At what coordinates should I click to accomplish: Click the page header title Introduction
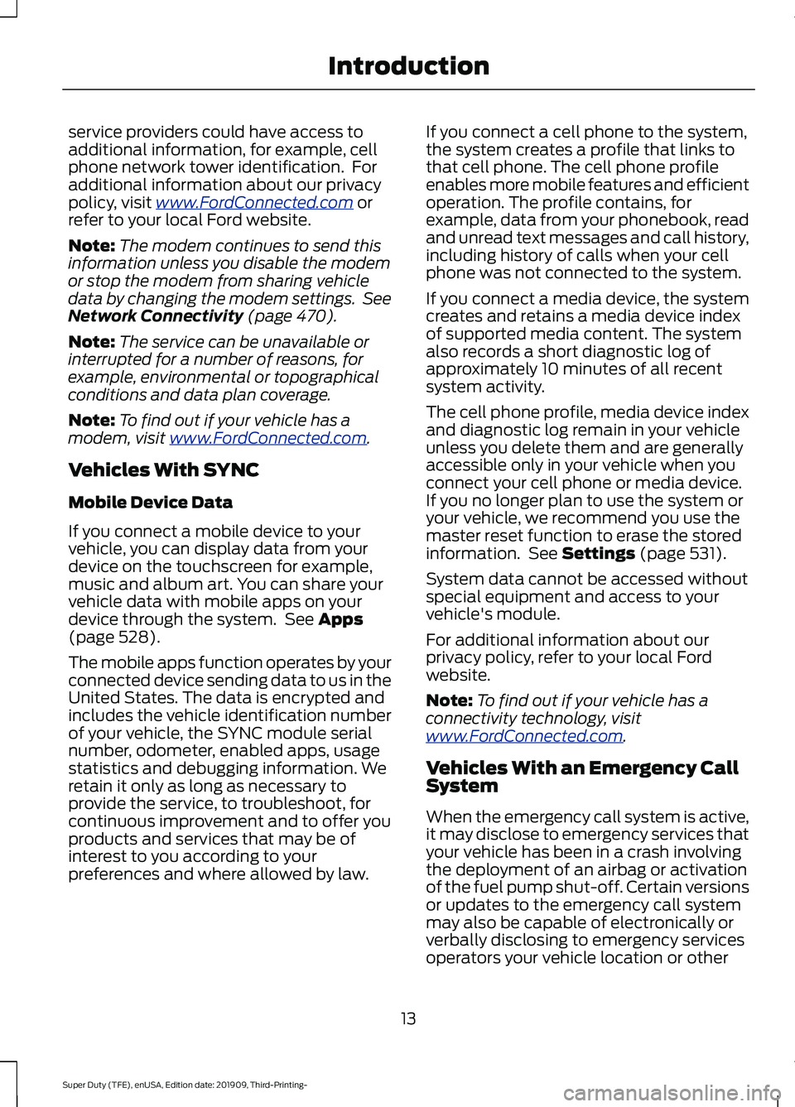[408, 66]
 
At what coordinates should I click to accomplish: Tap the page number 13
[408, 1018]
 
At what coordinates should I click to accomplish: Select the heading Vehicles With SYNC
[164, 470]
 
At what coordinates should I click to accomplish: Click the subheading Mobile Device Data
[151, 503]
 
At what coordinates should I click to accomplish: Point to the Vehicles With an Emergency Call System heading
[581, 777]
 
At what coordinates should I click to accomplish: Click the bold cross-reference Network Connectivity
[156, 316]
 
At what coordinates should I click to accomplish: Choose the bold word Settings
[598, 554]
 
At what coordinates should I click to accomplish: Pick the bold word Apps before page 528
[340, 620]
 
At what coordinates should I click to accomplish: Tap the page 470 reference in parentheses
[292, 316]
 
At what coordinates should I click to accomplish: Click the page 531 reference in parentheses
[683, 554]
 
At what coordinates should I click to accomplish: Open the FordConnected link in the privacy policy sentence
[254, 203]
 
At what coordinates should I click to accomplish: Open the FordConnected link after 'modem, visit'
[267, 438]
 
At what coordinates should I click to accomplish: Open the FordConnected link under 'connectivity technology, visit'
[524, 736]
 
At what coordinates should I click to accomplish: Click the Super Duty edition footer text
[185, 1085]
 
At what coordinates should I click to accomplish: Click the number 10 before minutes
[550, 369]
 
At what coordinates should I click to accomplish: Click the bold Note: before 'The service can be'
[91, 342]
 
